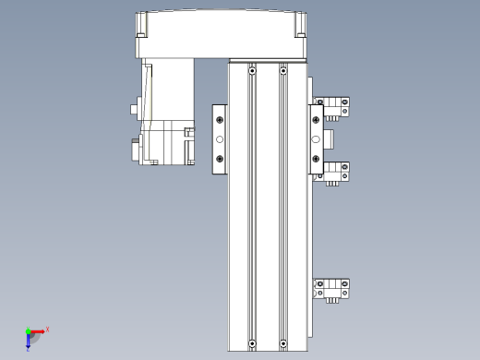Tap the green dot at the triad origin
coord(28,330)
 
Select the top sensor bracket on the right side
coord(334,107)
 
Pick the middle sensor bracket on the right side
coord(334,172)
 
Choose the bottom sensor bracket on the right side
coord(334,290)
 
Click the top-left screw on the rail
coord(251,70)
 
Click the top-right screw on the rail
coord(282,70)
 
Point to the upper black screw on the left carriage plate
coord(220,119)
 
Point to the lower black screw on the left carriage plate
coord(220,158)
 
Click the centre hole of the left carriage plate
coord(220,139)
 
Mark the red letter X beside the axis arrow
coord(47,329)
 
